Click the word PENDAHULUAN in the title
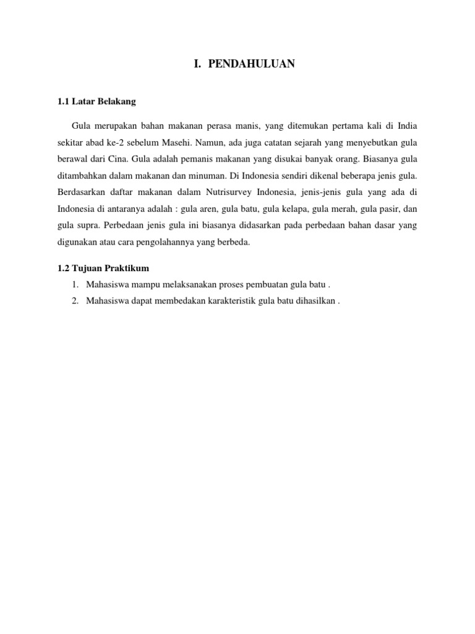coord(248,63)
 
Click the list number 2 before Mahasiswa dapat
coord(75,302)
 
